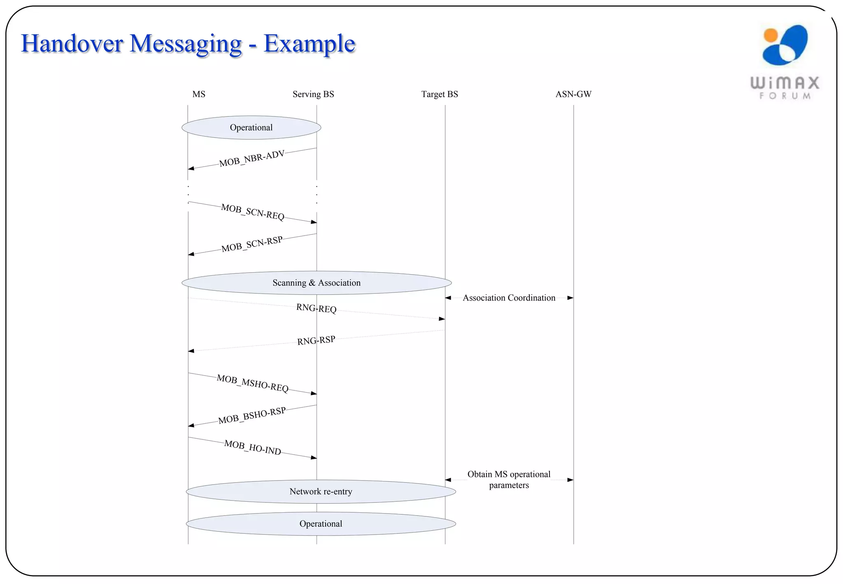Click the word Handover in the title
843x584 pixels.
click(72, 44)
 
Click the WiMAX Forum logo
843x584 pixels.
click(785, 62)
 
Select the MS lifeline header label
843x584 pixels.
click(199, 94)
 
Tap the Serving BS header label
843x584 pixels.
click(313, 94)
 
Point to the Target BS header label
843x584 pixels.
click(440, 94)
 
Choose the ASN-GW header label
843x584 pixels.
click(573, 94)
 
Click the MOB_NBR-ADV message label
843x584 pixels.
click(252, 159)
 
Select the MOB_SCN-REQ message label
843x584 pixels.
click(253, 212)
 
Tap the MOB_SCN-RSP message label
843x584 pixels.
click(252, 244)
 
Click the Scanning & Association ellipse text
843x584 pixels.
click(316, 283)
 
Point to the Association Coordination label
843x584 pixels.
click(509, 298)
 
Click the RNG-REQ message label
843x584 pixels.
click(316, 308)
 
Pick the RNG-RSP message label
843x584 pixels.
click(316, 341)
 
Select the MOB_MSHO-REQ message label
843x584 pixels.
click(252, 383)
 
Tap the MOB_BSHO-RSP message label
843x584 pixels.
click(252, 416)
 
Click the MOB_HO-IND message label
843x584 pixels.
click(252, 448)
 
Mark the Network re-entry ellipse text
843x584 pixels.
click(321, 492)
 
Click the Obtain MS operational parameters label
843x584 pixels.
click(509, 480)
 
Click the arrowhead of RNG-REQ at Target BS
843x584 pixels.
click(442, 319)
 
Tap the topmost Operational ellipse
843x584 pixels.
click(251, 128)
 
